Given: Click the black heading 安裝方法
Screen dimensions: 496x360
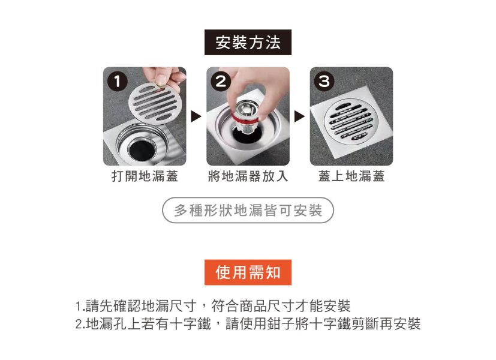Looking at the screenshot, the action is tap(248, 43).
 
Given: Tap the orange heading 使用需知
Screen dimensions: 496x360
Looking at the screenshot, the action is tap(248, 272).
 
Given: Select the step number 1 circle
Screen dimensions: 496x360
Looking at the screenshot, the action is tap(118, 82).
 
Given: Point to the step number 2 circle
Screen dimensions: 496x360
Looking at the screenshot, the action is tap(221, 82).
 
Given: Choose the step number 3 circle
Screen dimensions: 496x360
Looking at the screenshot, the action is tap(324, 82).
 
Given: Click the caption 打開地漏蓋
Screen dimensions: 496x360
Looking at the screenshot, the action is tap(145, 176).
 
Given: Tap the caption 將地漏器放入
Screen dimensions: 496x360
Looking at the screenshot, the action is tap(248, 176).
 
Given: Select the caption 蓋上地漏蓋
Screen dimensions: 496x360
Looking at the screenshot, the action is tap(351, 176).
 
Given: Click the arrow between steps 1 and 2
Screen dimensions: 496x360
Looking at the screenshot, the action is tap(196, 116).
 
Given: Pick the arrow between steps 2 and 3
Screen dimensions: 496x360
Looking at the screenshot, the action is tap(299, 116).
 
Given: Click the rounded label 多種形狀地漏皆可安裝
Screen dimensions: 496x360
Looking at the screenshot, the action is tap(248, 211).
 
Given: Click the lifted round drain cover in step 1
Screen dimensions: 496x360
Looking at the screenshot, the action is tap(155, 103).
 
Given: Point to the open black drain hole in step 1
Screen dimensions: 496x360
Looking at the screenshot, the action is tap(142, 150).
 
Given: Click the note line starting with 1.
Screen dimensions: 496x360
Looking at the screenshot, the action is tap(213, 306).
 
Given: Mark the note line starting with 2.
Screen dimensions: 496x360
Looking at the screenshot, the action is tap(248, 323).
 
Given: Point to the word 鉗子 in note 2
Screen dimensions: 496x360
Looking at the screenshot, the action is tap(281, 323).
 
